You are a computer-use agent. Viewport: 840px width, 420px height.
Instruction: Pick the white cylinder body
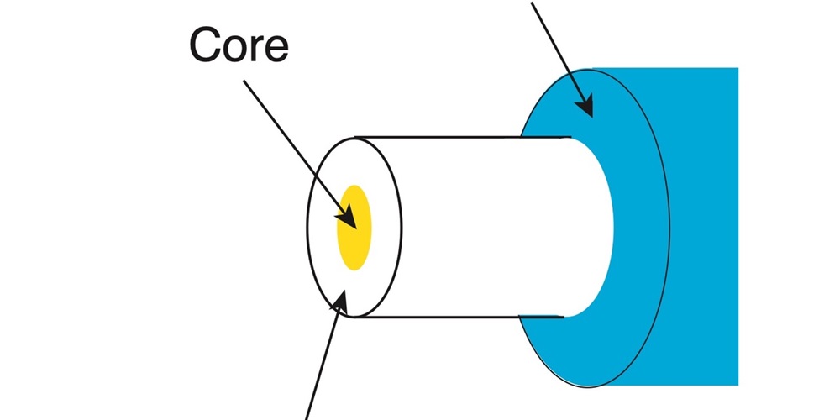pos(487,227)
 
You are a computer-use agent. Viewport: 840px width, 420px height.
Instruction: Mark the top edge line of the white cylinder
pos(462,137)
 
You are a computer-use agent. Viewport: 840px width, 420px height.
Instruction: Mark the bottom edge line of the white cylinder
pos(462,318)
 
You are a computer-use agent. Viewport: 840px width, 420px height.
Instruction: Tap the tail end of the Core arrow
pos(245,81)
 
